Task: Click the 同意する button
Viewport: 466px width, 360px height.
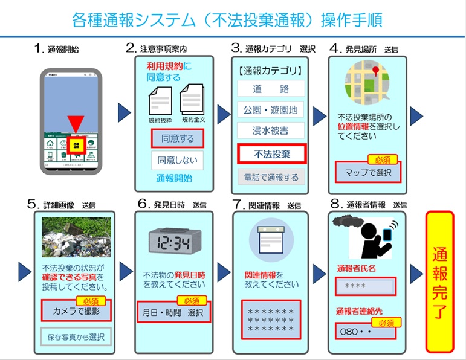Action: (177, 138)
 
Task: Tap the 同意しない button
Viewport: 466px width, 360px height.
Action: (177, 160)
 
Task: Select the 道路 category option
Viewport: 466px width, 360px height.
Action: (271, 89)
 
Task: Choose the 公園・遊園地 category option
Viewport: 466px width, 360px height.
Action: (271, 111)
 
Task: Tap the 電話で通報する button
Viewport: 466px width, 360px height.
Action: (271, 178)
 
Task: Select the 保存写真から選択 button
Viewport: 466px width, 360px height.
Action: (76, 335)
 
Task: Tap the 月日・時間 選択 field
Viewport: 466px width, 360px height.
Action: (173, 313)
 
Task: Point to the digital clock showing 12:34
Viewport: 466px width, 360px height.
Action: (173, 244)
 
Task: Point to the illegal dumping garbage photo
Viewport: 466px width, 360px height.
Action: (76, 237)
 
